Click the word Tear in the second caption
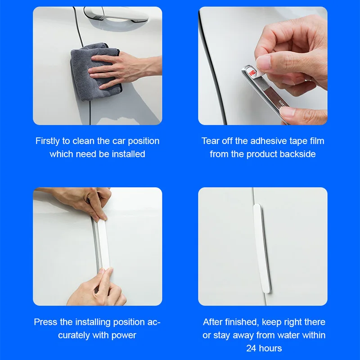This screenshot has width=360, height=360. (211, 141)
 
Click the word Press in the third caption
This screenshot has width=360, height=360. (45, 322)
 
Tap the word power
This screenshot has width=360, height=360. (125, 335)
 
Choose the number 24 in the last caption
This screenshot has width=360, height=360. (252, 348)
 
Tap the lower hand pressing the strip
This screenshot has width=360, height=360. (97, 288)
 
